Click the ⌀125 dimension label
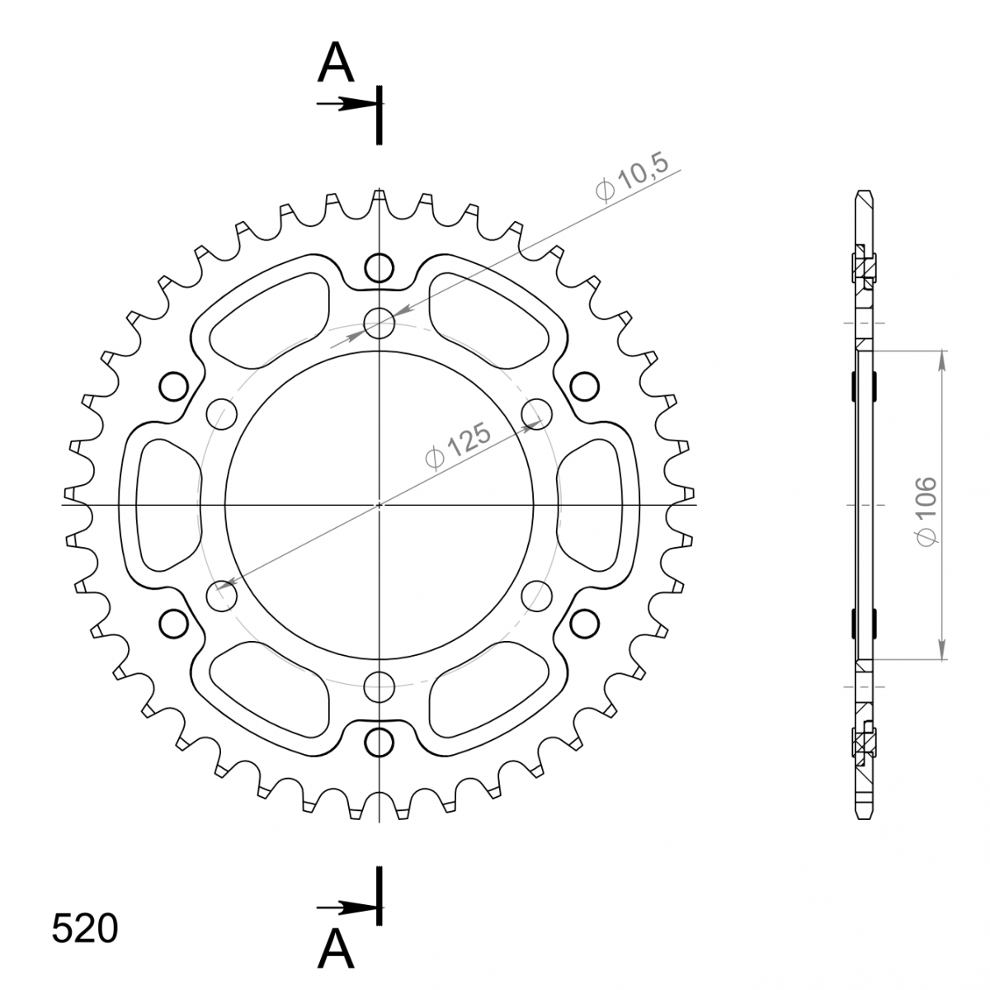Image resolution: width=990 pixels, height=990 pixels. pyautogui.click(x=457, y=445)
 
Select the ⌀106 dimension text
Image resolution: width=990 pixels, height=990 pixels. pyautogui.click(x=926, y=511)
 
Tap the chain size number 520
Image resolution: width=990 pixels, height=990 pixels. pyautogui.click(x=85, y=928)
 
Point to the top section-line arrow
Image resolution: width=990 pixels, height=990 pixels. pyautogui.click(x=348, y=104)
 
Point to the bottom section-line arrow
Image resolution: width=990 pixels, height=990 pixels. pyautogui.click(x=348, y=907)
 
